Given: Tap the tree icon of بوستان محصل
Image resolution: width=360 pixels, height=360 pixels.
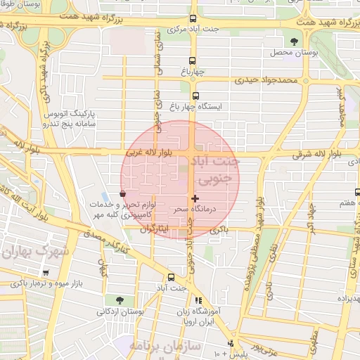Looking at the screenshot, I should click(x=293, y=42).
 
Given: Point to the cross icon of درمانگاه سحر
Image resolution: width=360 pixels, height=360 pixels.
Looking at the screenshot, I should click(x=195, y=200).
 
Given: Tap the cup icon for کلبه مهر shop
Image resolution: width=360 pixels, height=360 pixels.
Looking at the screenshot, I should click(x=123, y=193).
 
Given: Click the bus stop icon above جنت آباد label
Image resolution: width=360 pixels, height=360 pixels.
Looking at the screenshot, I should click(x=171, y=276).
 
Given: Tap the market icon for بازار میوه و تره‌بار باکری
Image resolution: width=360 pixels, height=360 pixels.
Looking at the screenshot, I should click(x=46, y=273).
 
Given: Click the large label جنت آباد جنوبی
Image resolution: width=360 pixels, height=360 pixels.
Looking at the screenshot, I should click(x=216, y=169).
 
